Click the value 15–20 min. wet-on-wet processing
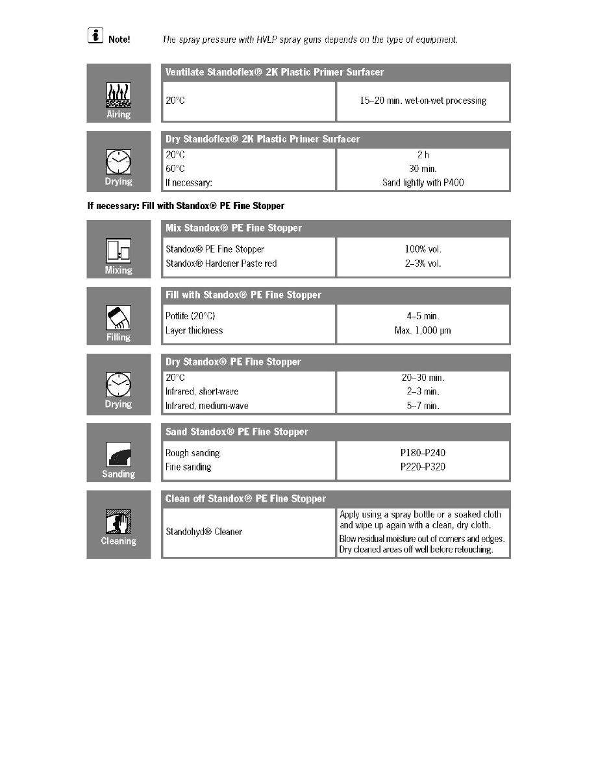click(x=423, y=101)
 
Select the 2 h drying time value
click(x=423, y=154)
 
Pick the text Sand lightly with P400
click(x=423, y=183)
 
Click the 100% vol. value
click(x=423, y=249)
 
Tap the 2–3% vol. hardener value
click(x=423, y=263)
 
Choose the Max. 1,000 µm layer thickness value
click(x=423, y=330)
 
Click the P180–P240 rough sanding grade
click(x=423, y=453)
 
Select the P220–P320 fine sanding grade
click(x=423, y=467)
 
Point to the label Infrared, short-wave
click(x=202, y=391)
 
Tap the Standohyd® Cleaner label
click(x=204, y=532)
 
